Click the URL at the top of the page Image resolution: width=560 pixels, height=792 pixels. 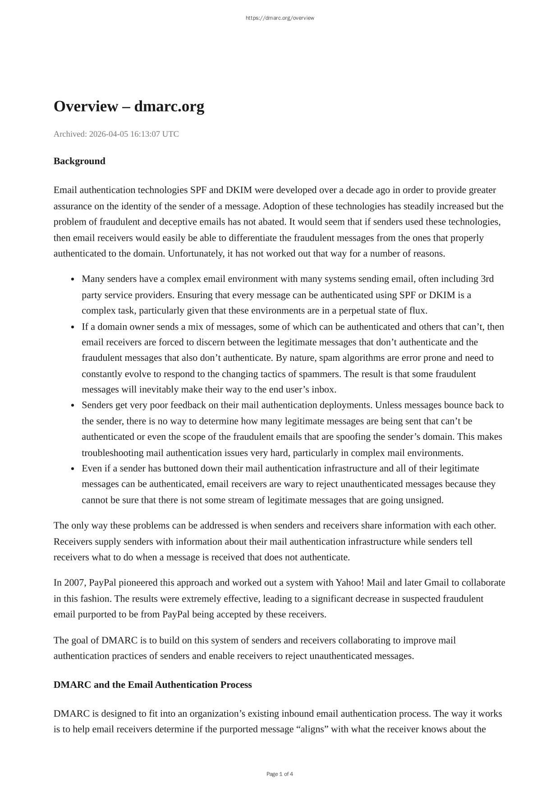(280, 18)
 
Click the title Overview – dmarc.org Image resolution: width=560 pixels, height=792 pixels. (129, 106)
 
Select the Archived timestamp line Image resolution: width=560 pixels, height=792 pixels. (116, 134)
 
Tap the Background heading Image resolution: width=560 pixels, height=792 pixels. (79, 161)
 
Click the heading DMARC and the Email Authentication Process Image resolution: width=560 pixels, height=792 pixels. (152, 685)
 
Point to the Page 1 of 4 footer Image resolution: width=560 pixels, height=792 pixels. (280, 774)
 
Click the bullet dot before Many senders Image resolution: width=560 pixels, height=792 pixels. (73, 280)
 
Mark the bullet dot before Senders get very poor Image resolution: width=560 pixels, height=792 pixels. (73, 405)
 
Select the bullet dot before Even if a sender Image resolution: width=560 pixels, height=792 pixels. (73, 469)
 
